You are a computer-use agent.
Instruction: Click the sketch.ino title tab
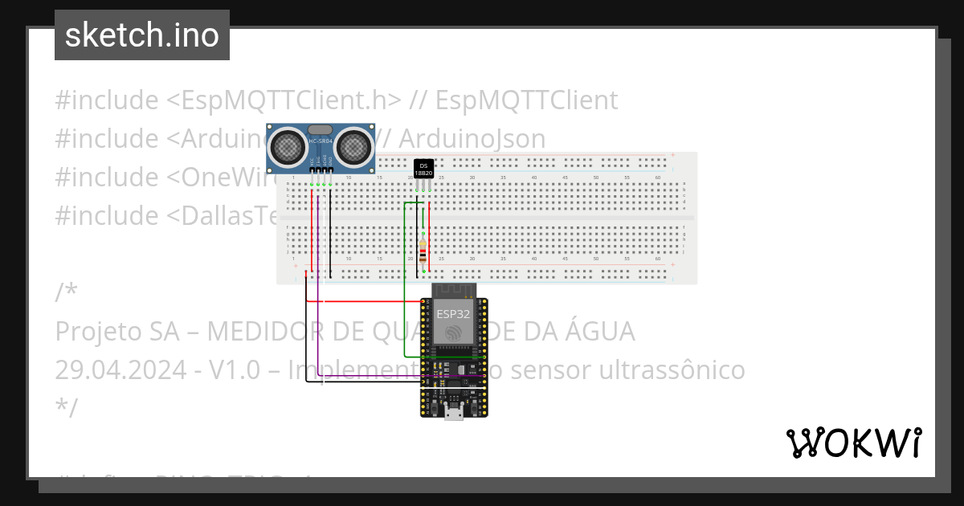click(x=142, y=35)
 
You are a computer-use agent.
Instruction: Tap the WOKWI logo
click(x=853, y=443)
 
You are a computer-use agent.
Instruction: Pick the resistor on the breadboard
click(x=423, y=250)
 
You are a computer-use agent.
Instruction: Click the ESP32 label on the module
click(x=454, y=313)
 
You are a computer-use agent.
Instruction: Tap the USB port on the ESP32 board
click(x=454, y=412)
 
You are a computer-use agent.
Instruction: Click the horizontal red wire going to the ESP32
click(x=361, y=302)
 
